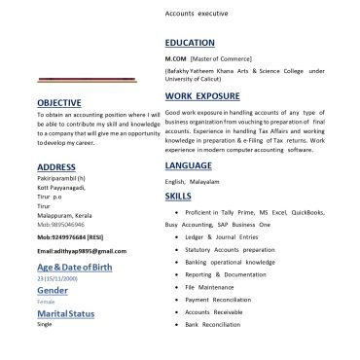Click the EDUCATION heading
tap(189, 44)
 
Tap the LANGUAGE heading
tap(189, 165)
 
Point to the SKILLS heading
tap(178, 197)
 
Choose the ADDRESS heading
tap(55, 167)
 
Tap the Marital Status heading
tap(66, 314)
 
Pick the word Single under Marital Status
tap(44, 324)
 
